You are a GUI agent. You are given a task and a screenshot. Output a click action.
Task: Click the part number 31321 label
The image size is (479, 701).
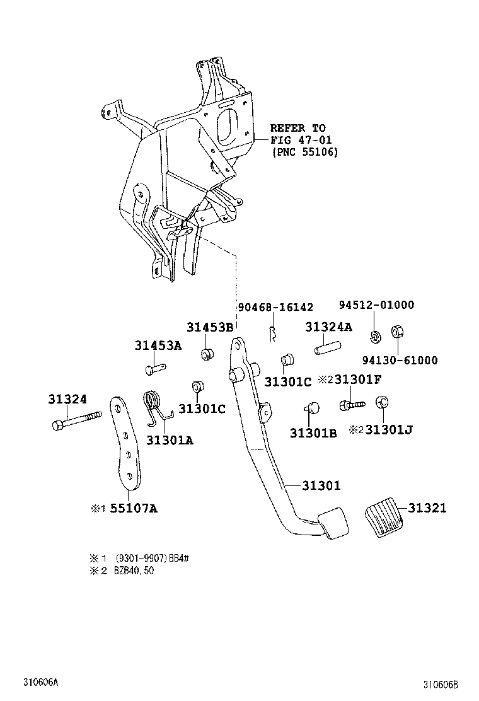click(427, 508)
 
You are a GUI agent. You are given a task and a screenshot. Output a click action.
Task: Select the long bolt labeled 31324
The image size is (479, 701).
click(76, 421)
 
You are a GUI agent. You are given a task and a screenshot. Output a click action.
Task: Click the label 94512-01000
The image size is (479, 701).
click(376, 305)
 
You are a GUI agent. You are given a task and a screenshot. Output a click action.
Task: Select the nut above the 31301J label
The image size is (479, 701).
click(381, 403)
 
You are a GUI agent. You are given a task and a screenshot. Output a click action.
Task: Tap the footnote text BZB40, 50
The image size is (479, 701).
click(136, 571)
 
